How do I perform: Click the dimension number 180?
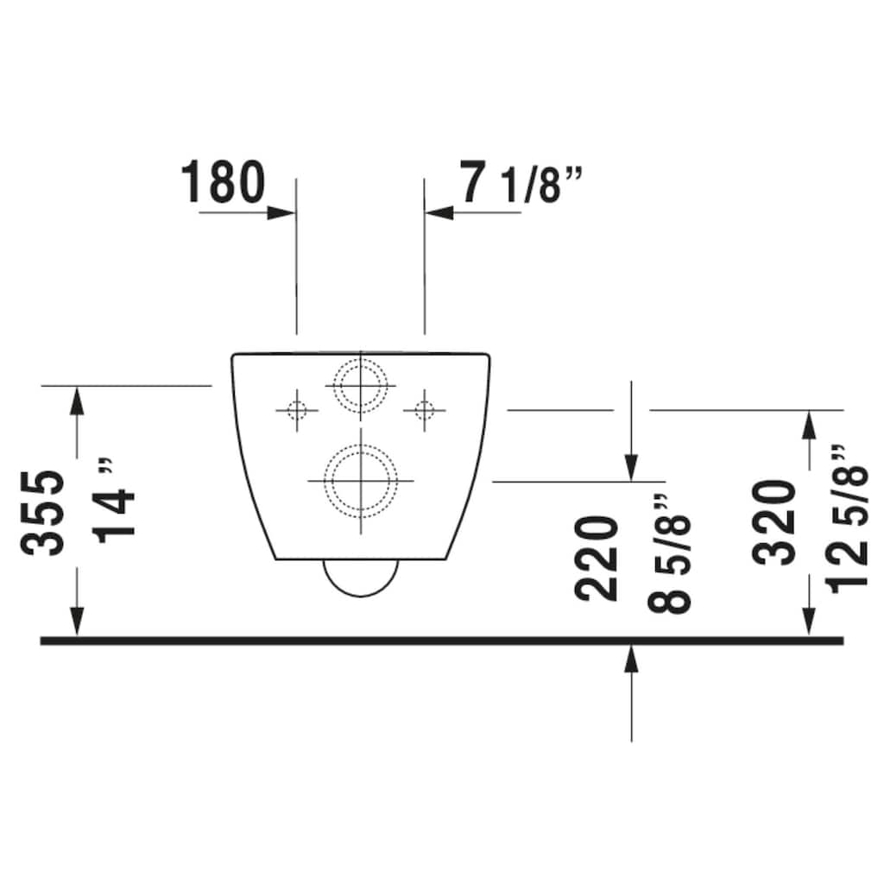pos(223,181)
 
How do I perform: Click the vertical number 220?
pos(597,558)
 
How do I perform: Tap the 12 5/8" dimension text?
pos(848,516)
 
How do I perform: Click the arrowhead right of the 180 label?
pos(281,212)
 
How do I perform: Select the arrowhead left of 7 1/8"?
pos(439,212)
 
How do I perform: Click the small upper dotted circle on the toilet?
pos(360,384)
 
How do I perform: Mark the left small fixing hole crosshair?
pos(297,409)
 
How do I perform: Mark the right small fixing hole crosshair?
pos(424,409)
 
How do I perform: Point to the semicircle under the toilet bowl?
pos(361,578)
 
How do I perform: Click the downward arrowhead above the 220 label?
pos(632,466)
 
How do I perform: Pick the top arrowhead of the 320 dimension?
pos(810,424)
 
